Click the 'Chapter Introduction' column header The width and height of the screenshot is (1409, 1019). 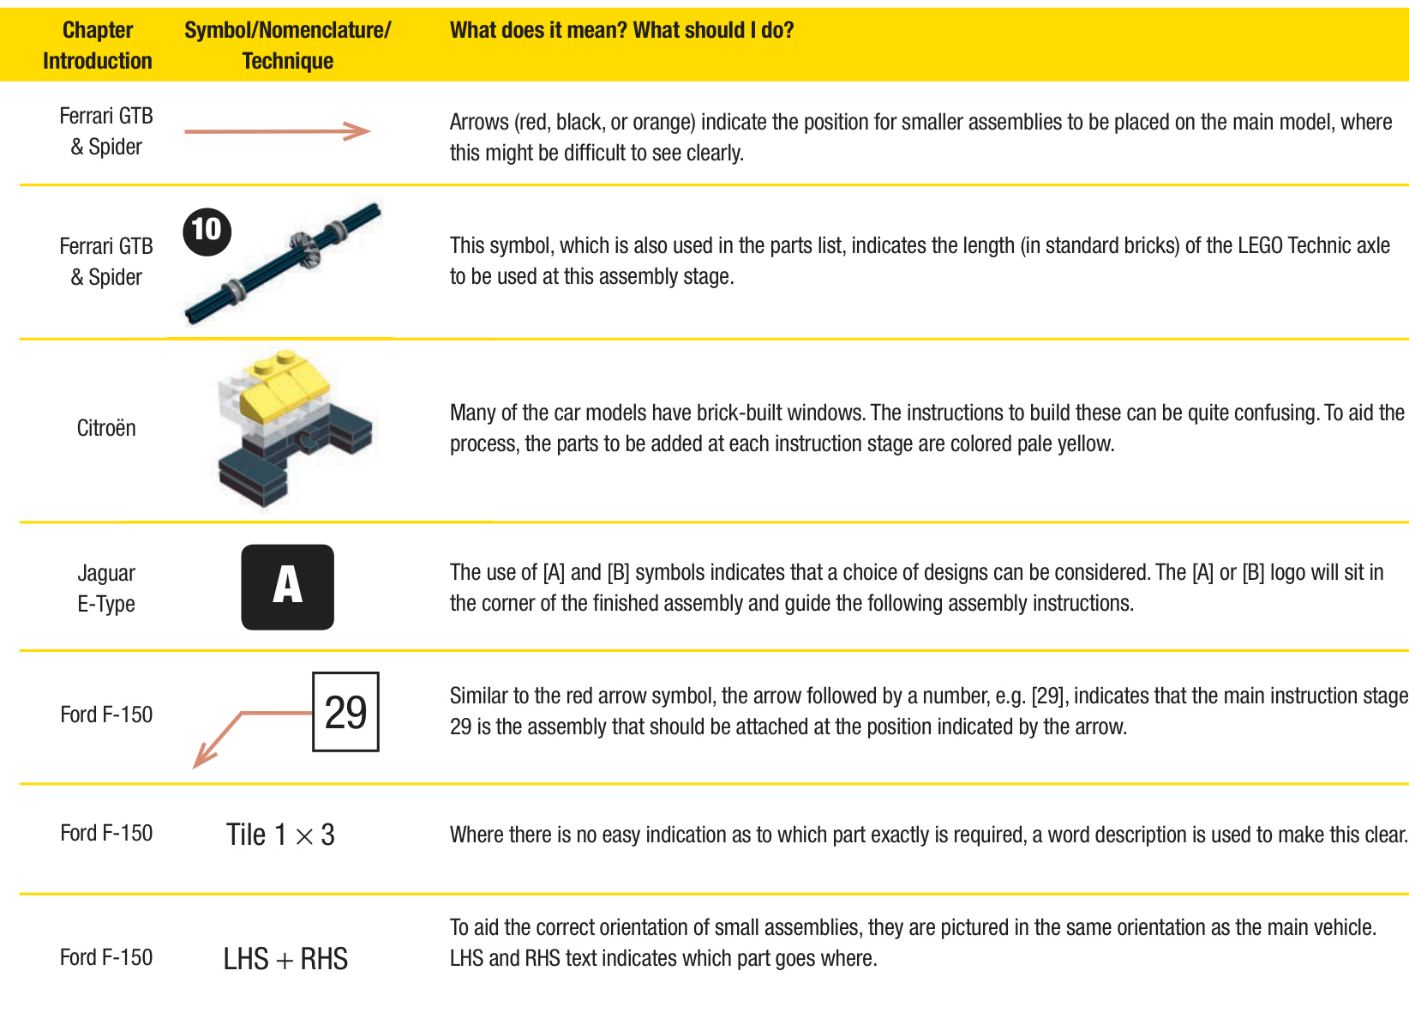(x=97, y=45)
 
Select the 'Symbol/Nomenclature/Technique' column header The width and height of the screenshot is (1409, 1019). (x=287, y=45)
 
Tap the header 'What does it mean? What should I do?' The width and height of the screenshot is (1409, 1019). (x=621, y=31)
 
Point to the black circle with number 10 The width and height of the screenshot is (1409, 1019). (x=207, y=231)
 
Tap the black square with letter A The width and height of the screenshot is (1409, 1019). (x=287, y=588)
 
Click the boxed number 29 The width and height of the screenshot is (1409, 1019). (x=345, y=712)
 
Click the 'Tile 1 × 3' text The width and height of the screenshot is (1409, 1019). (x=280, y=835)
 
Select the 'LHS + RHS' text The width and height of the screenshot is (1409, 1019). (x=285, y=958)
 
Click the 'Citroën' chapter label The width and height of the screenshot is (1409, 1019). (x=106, y=428)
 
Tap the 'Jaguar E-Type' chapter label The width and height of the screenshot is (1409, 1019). (x=106, y=588)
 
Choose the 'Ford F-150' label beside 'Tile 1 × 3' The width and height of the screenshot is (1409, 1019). (x=106, y=833)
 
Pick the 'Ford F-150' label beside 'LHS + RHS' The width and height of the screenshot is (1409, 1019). (x=106, y=957)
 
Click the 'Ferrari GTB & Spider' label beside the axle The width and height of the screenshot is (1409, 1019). (x=106, y=262)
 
